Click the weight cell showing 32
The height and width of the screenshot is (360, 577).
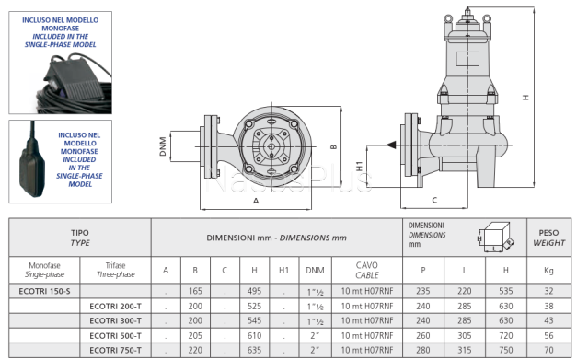point(548,291)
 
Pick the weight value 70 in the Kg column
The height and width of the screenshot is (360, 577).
point(548,350)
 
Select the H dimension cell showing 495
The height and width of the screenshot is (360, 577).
point(253,291)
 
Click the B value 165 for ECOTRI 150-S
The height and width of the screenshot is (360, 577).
point(195,291)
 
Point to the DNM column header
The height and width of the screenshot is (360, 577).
point(315,270)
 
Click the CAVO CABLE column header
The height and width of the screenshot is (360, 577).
point(366,270)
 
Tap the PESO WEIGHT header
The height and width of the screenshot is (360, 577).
point(548,238)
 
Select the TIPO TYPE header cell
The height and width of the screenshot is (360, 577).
point(80,238)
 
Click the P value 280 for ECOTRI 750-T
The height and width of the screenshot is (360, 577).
point(423,350)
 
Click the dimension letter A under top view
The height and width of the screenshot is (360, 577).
point(255,199)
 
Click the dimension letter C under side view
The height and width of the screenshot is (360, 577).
point(433,199)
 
